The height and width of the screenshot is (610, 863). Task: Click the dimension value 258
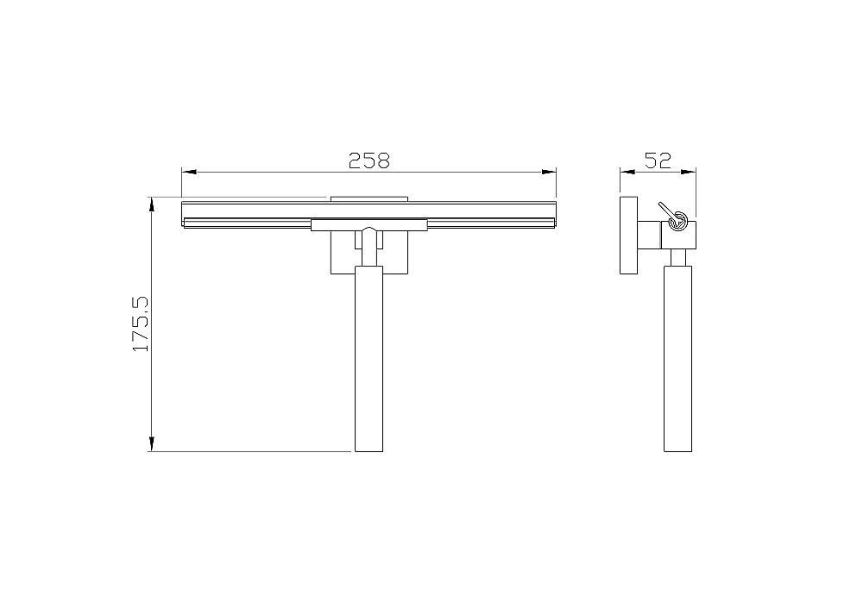click(x=369, y=160)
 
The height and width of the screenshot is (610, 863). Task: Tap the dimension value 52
click(x=658, y=160)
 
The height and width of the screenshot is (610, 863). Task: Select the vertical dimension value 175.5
click(x=141, y=324)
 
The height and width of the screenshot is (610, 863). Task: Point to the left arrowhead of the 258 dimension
click(x=189, y=173)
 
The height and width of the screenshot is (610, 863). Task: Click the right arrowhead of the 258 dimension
click(x=549, y=173)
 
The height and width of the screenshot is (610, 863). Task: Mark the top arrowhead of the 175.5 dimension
click(x=152, y=204)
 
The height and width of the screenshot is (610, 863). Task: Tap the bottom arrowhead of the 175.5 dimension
click(x=152, y=443)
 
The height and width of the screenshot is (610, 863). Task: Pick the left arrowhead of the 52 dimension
click(x=627, y=173)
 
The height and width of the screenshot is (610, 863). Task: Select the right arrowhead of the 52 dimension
click(x=689, y=173)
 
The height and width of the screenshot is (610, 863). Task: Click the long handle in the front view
click(x=369, y=359)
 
